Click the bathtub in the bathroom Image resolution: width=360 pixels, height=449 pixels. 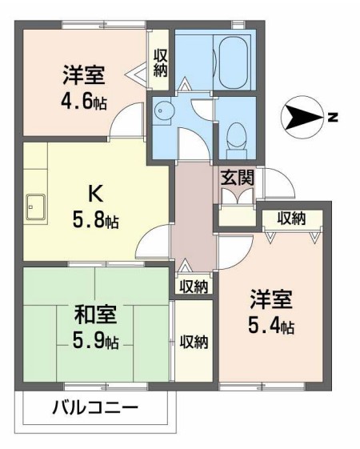(x=234, y=62)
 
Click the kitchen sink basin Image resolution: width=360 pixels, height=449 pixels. (x=36, y=207)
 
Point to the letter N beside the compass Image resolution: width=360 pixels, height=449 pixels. (x=333, y=118)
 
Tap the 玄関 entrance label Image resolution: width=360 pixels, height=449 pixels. (x=238, y=178)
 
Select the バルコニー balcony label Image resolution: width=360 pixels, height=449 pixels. (x=95, y=407)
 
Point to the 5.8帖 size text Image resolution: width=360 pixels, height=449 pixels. (x=95, y=219)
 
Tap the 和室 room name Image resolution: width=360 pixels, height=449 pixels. (x=95, y=315)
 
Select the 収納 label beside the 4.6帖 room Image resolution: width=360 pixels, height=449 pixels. (x=161, y=62)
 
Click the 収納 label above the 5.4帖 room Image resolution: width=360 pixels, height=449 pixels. (x=292, y=218)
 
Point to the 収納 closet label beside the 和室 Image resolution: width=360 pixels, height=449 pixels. (x=194, y=342)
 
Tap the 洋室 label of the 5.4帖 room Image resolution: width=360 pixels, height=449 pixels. (x=271, y=299)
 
